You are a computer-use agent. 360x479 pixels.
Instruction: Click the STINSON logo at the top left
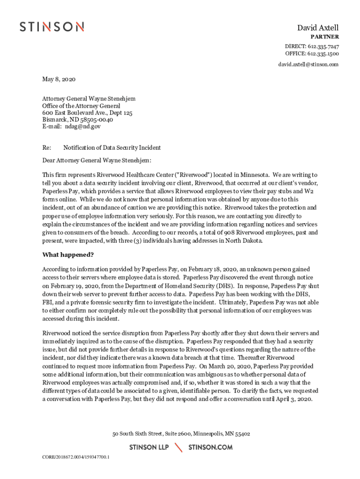coord(51,27)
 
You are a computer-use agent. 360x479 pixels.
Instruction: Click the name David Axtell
coord(318,28)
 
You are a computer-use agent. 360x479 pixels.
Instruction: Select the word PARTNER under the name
coord(325,37)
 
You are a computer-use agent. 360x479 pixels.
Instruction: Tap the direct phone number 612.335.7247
coord(323,46)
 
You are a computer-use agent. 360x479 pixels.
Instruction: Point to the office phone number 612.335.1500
coord(323,53)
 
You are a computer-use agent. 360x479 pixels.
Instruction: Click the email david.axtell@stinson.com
coord(309,65)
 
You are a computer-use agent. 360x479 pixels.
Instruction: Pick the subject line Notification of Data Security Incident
coord(112,148)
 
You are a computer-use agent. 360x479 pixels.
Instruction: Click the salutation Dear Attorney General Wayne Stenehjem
coord(97,161)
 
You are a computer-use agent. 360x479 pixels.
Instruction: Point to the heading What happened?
coord(68,255)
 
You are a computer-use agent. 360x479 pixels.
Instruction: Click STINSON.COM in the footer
coord(210,448)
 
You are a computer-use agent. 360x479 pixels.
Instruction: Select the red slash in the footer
coord(179,448)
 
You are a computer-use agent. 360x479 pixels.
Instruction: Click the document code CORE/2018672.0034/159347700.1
coord(76,457)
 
